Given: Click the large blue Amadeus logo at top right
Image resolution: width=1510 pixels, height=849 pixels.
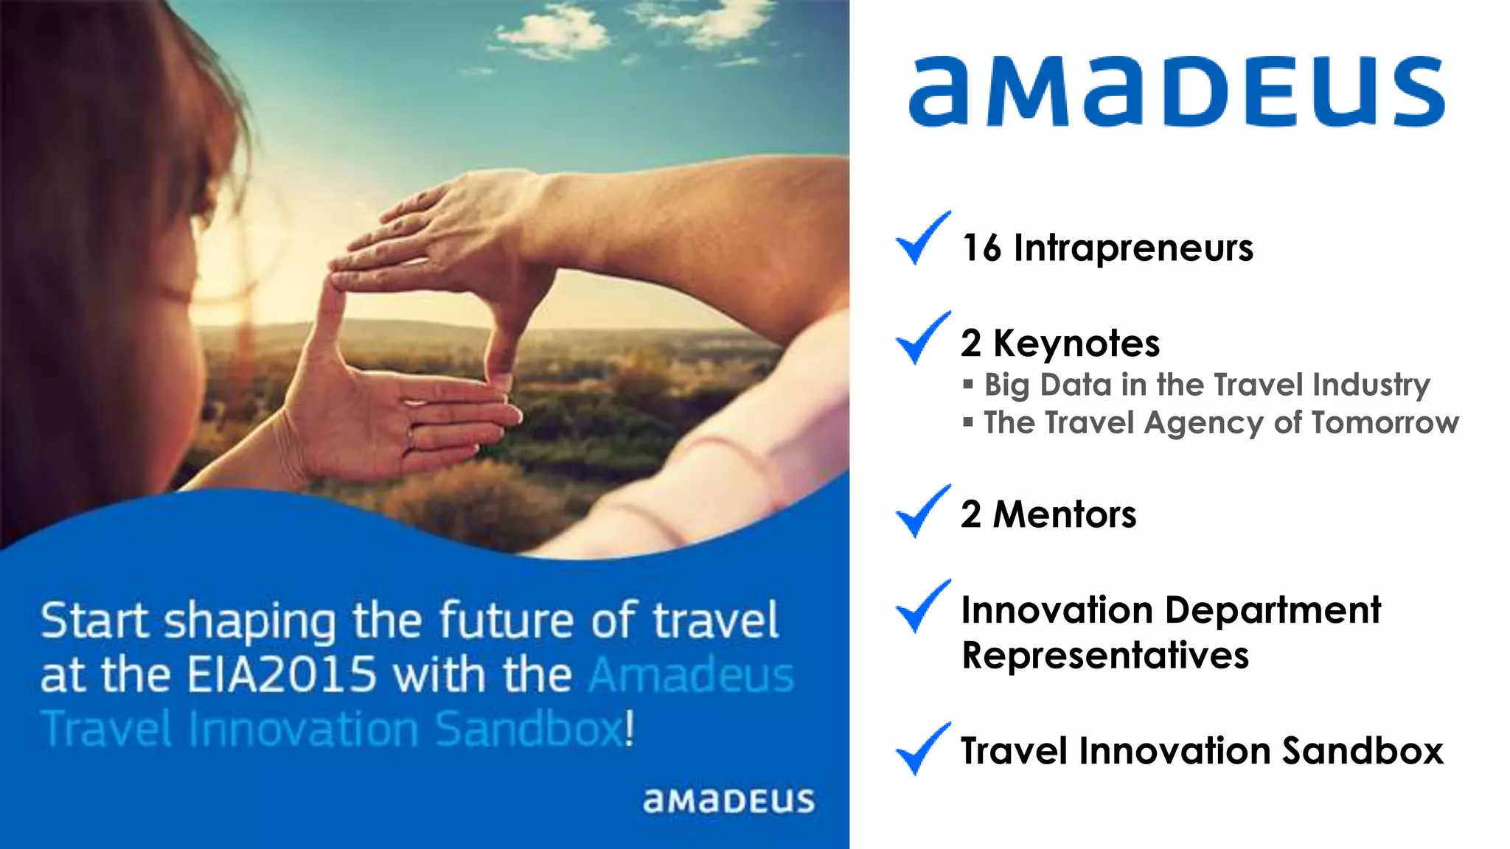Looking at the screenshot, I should [x=1176, y=92].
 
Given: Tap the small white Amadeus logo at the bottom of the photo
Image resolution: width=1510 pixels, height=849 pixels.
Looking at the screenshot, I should [x=728, y=801].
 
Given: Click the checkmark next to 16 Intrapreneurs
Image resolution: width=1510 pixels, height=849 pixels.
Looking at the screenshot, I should [x=922, y=239].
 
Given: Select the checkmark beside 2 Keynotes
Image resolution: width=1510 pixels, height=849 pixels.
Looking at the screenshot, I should [x=922, y=339].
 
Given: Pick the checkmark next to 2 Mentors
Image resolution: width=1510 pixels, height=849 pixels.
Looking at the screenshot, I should [x=922, y=512].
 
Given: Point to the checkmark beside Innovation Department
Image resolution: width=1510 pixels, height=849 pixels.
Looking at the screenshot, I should [x=922, y=607].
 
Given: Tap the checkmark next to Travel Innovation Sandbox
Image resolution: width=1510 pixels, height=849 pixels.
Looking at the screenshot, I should [x=922, y=750].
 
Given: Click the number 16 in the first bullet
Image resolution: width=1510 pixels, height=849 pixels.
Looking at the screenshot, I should [x=981, y=248].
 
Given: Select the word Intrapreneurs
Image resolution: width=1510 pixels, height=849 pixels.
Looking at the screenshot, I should [x=1133, y=248].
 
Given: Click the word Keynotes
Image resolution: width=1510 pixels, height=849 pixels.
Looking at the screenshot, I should [x=1076, y=344].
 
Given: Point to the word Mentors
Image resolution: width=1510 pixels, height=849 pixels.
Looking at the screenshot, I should [x=1064, y=514].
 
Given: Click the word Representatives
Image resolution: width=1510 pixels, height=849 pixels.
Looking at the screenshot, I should [x=1104, y=655].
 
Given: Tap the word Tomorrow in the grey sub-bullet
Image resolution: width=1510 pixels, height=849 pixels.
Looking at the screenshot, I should [x=1385, y=423].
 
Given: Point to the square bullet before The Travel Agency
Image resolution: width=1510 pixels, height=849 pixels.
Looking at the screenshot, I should [x=968, y=422].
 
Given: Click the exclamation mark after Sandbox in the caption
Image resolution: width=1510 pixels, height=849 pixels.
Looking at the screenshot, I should [x=629, y=728].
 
